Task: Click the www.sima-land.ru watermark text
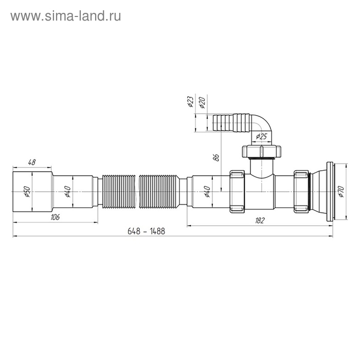pyautogui.click(x=66, y=16)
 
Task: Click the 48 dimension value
pyautogui.click(x=32, y=162)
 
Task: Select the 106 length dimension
pyautogui.click(x=55, y=218)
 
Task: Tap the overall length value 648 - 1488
pyautogui.click(x=146, y=231)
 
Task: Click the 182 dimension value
pyautogui.click(x=259, y=221)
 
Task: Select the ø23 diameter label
pyautogui.click(x=189, y=102)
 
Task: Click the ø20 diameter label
pyautogui.click(x=202, y=102)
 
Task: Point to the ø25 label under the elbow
pyautogui.click(x=262, y=136)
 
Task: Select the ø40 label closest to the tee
pyautogui.click(x=206, y=191)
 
